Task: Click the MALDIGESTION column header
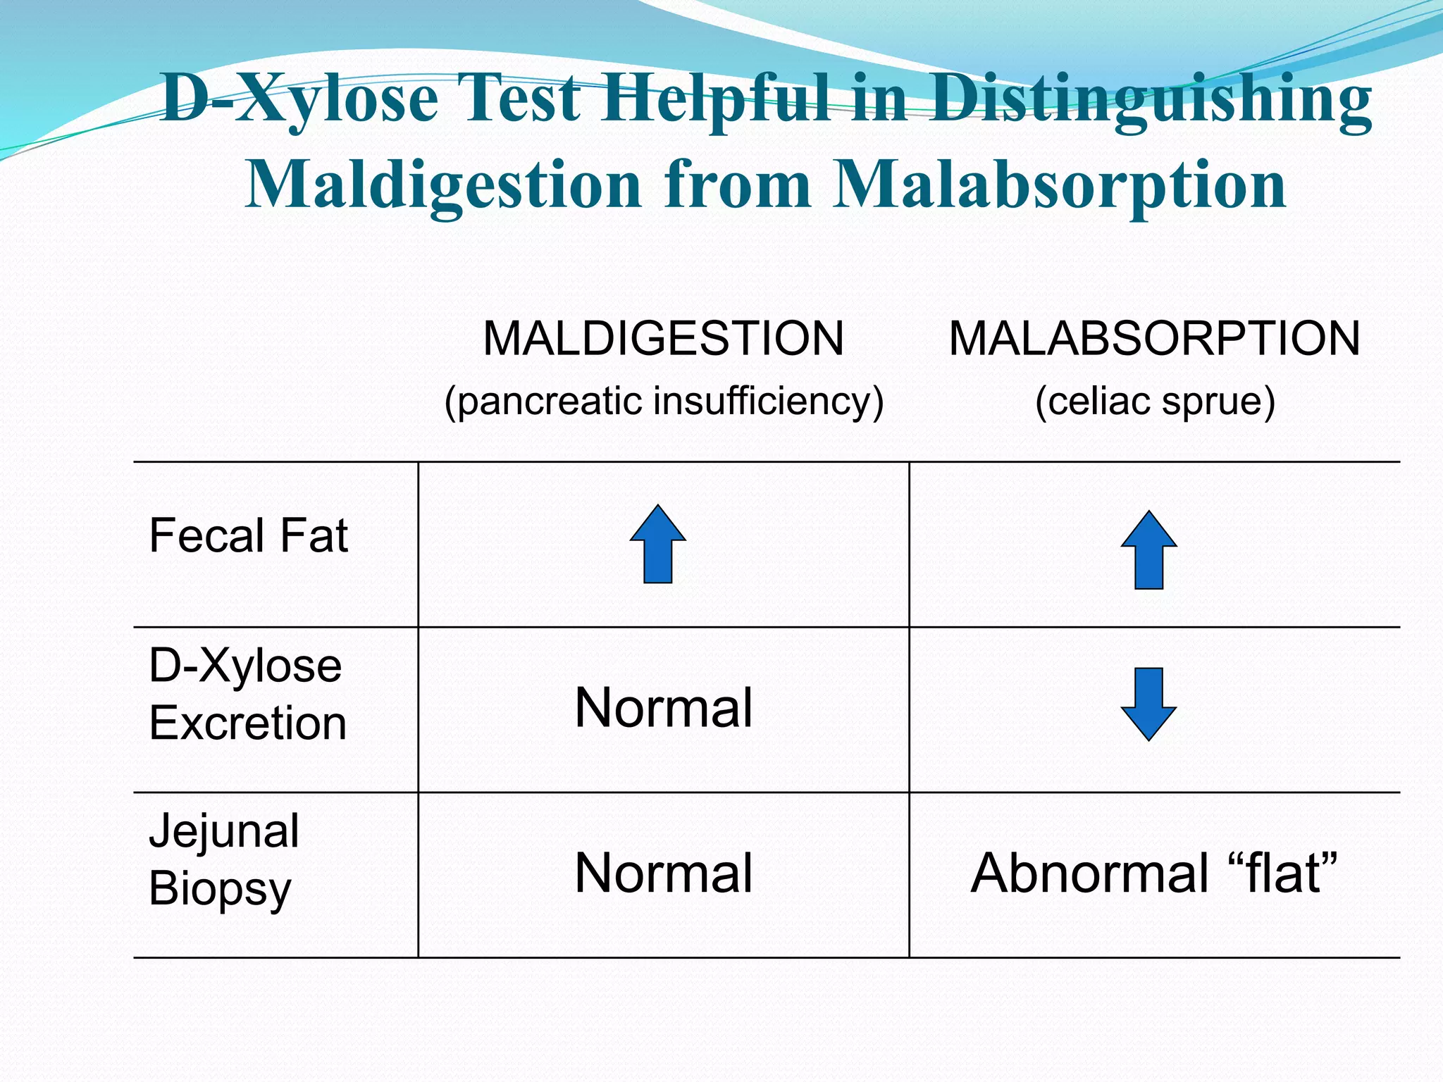pyautogui.click(x=663, y=339)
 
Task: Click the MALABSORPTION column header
pyautogui.click(x=1154, y=339)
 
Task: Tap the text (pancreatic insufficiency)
pyautogui.click(x=664, y=402)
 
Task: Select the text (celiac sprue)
pyautogui.click(x=1155, y=402)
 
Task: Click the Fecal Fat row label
pyautogui.click(x=248, y=535)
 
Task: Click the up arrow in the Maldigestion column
pyautogui.click(x=658, y=544)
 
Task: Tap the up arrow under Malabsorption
pyautogui.click(x=1148, y=550)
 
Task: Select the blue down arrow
pyautogui.click(x=1148, y=704)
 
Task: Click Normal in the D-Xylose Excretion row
pyautogui.click(x=664, y=708)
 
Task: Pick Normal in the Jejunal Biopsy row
pyautogui.click(x=664, y=873)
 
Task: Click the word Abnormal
pyautogui.click(x=1090, y=873)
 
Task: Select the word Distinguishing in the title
pyautogui.click(x=1148, y=99)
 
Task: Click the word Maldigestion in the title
pyautogui.click(x=443, y=185)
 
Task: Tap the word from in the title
pyautogui.click(x=737, y=185)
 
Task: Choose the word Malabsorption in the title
pyautogui.click(x=1060, y=185)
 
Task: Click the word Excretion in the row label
pyautogui.click(x=248, y=724)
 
